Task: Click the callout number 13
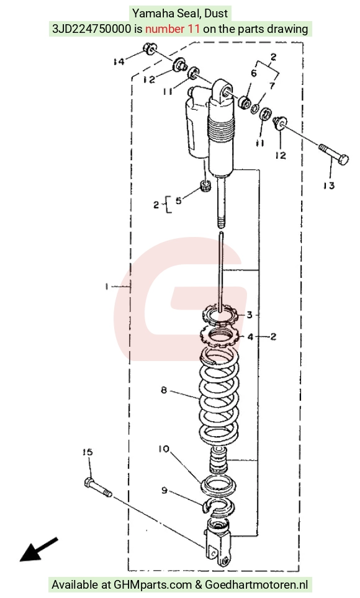click(328, 185)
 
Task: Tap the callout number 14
click(119, 61)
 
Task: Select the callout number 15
click(88, 452)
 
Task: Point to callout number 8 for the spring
click(164, 390)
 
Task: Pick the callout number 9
click(164, 490)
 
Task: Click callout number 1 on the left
click(107, 286)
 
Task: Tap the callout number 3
click(250, 315)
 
